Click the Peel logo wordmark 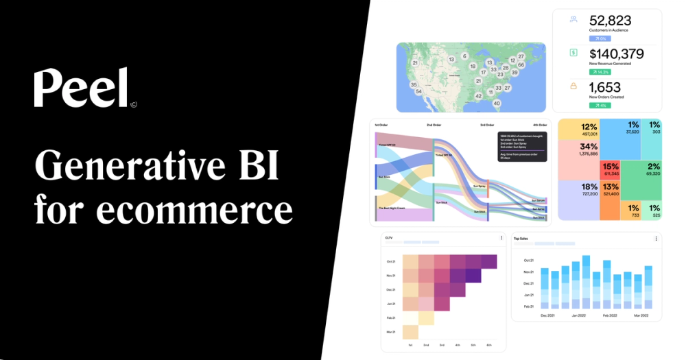[82, 88]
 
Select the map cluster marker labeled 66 [521, 65]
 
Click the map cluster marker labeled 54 [418, 91]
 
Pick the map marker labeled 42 [478, 96]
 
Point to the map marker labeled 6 [464, 56]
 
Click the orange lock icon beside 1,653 [573, 86]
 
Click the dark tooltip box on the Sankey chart [522, 147]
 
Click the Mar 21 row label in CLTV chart [390, 333]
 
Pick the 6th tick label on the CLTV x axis [489, 344]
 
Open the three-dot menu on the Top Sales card [656, 239]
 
